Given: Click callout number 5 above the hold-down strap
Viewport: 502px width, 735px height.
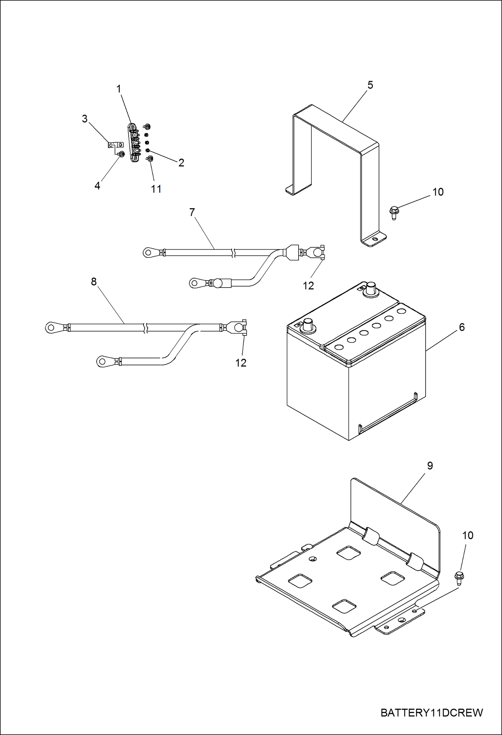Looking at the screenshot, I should pos(370,85).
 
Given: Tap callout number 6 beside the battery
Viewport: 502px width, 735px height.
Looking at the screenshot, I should pos(461,327).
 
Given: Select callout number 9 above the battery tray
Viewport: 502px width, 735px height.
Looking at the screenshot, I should pos(430,466).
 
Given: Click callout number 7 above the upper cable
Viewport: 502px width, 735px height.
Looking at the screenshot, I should pos(192,212).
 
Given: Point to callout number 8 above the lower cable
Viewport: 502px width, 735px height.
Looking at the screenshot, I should pos(94,282).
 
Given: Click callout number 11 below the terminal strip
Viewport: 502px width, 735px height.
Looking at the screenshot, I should pos(156,189).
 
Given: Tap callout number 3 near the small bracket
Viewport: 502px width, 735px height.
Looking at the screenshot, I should pos(85,119).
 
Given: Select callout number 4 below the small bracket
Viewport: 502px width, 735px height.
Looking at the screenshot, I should pos(97,186).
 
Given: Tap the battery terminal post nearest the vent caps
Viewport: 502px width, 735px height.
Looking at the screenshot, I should pos(370,289).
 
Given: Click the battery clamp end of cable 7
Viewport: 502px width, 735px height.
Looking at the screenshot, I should pos(316,252).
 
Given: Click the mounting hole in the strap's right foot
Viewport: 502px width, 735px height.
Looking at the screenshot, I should pos(375,239).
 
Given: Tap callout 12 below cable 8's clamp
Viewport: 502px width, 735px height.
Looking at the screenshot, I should pos(241,363).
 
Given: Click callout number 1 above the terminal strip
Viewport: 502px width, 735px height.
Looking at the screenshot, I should pos(119,89).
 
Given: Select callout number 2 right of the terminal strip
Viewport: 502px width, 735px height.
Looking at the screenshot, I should pos(181,163).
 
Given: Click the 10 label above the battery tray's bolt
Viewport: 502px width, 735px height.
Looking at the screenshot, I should pos(467,536).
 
